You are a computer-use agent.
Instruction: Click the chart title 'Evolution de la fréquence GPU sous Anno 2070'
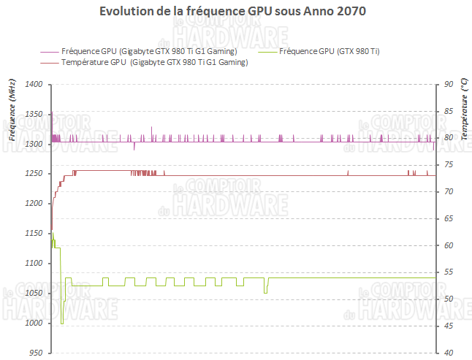click(x=232, y=12)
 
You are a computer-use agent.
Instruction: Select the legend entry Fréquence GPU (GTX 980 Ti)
click(x=329, y=51)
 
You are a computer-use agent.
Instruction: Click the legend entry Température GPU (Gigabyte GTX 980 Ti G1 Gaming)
click(x=154, y=63)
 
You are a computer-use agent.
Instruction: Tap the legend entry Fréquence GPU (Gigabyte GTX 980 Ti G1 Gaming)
click(x=149, y=51)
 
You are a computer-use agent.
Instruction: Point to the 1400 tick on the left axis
click(x=33, y=85)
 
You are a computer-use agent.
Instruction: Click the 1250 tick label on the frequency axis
click(x=33, y=174)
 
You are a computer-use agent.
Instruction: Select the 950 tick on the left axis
click(x=35, y=353)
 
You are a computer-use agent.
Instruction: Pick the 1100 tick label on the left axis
click(x=33, y=264)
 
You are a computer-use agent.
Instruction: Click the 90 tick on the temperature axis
click(x=449, y=85)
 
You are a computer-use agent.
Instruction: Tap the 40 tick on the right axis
click(x=449, y=353)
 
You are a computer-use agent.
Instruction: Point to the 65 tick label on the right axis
click(x=449, y=219)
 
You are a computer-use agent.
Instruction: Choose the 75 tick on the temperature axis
click(x=449, y=165)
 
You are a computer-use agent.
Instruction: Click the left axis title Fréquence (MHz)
click(x=12, y=110)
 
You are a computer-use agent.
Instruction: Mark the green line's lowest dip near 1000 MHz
click(x=62, y=323)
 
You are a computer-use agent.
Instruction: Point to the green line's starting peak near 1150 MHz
click(x=52, y=232)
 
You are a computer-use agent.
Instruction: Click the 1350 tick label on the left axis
click(x=33, y=115)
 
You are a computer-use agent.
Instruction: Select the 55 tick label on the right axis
click(x=449, y=272)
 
